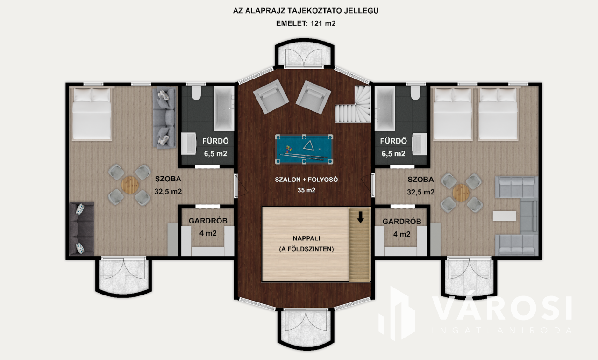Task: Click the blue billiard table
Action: [x=304, y=149]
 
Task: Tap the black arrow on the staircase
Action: [x=360, y=217]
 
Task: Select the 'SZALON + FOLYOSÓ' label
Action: [x=306, y=180]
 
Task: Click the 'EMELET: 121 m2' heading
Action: [x=306, y=23]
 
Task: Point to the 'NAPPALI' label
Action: [x=306, y=238]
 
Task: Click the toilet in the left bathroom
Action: [x=196, y=93]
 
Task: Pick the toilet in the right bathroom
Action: [x=415, y=93]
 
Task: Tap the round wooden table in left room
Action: [x=130, y=185]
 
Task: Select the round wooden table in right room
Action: [x=461, y=193]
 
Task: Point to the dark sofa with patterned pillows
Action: [x=81, y=228]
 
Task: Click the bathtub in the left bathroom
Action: [x=224, y=108]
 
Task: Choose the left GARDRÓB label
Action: [x=208, y=221]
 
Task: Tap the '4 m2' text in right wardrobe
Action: [x=401, y=234]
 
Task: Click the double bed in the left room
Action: [x=92, y=114]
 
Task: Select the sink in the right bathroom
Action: [x=419, y=144]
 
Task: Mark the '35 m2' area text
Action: [x=306, y=190]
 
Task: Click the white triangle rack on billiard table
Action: [x=308, y=145]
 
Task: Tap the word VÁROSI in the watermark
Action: [x=502, y=309]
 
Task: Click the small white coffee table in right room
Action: [x=504, y=216]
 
